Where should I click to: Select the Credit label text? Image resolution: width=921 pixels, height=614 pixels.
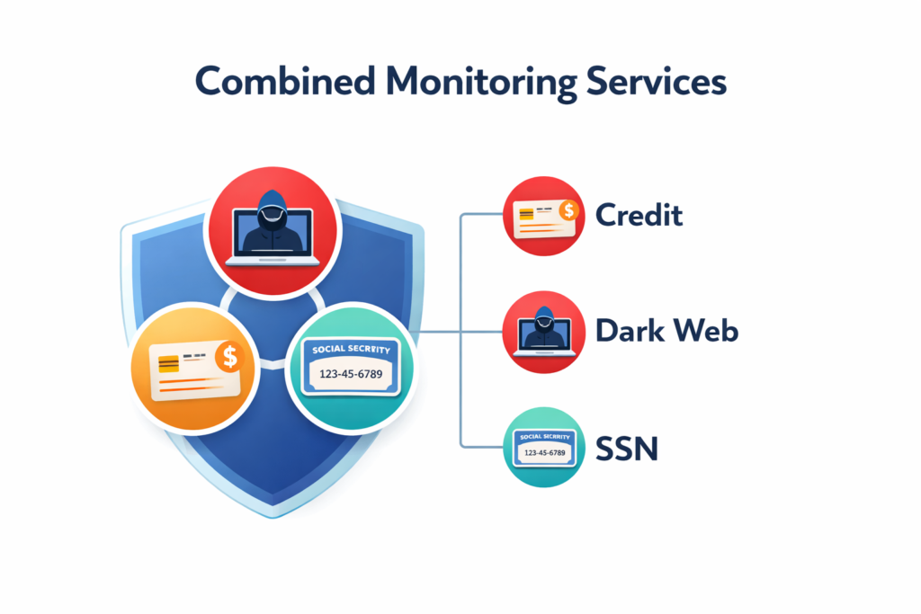639,216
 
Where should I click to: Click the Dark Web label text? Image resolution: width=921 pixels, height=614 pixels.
666,331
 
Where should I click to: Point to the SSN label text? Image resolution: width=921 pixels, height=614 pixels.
627,447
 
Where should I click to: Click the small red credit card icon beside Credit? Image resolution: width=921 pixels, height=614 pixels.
543,217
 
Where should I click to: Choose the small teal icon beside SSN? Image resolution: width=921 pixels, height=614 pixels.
543,447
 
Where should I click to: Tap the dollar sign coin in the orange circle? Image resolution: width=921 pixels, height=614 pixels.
230,356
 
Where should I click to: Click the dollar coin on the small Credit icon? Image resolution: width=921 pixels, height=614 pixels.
567,210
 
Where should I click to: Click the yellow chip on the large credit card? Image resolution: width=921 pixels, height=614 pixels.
168,364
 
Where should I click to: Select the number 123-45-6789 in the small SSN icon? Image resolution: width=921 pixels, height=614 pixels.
543,452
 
